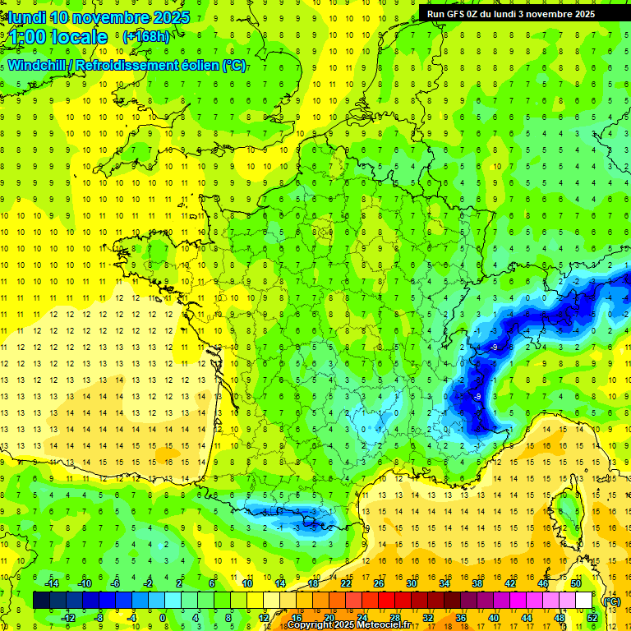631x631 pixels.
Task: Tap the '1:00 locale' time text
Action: click(58, 37)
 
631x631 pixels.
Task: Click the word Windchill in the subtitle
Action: click(38, 65)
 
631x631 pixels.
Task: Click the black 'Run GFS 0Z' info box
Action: click(508, 13)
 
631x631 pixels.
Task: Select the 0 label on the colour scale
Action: click(163, 618)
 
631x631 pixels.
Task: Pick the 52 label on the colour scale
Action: click(592, 618)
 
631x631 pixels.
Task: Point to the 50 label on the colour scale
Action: click(576, 583)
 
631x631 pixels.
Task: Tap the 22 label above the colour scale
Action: click(346, 583)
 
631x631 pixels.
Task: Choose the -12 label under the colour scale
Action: click(67, 618)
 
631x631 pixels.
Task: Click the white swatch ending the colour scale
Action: click(583, 601)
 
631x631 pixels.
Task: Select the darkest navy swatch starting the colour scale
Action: click(41, 601)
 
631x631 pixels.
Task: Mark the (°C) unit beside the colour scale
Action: click(610, 601)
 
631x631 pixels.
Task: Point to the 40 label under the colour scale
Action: click(493, 618)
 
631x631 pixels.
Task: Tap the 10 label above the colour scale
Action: click(246, 583)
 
